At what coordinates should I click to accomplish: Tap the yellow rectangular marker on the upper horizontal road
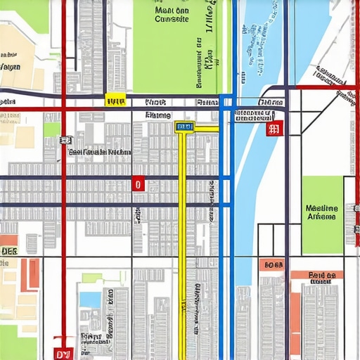click(115, 101)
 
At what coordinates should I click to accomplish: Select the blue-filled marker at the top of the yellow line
click(184, 127)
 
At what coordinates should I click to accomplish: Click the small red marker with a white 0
click(138, 184)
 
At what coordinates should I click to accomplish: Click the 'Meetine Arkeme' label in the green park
click(322, 212)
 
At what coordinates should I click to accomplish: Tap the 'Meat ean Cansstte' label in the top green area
click(172, 15)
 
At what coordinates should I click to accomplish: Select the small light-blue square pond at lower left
click(90, 300)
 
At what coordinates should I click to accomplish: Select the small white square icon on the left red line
click(64, 141)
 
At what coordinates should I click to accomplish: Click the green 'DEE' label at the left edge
click(8, 250)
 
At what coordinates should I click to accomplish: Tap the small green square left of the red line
click(51, 129)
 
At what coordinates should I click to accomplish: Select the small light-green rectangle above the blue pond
click(91, 278)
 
